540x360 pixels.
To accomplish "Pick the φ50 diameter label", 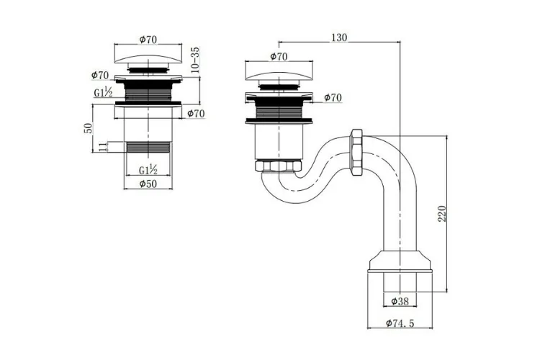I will pos(148,184).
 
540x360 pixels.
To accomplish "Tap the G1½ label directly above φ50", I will pos(148,170).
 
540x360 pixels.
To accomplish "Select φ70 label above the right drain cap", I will pos(279,55).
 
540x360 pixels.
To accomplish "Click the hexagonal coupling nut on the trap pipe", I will pos(355,151).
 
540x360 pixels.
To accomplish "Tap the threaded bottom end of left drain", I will pos(148,146).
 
